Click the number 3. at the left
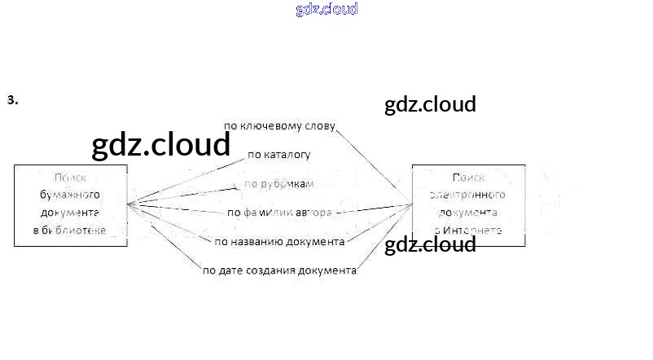[12, 100]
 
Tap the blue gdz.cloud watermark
[326, 10]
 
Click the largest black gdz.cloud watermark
[161, 145]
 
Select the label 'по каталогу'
[278, 153]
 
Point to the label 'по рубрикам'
[279, 184]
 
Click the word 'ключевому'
[270, 125]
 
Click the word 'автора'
[313, 213]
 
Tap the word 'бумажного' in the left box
[70, 195]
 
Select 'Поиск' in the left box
[70, 177]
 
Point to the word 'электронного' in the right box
[468, 195]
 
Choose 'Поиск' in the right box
[468, 177]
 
